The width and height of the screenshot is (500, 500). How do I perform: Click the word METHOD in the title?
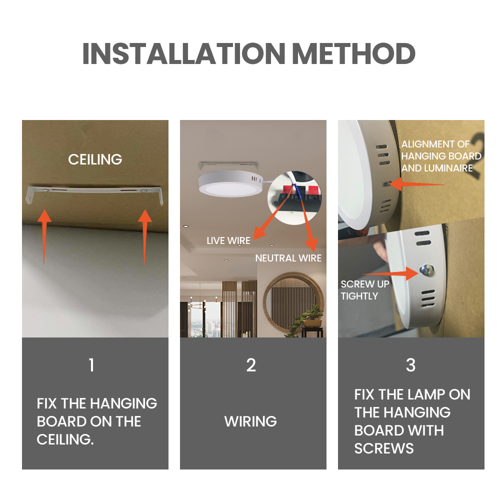pos(353,53)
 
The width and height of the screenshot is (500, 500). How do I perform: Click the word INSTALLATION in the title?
pos(183,53)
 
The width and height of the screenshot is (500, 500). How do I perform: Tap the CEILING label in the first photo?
pos(95,159)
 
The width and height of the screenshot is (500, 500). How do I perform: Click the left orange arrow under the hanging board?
pos(44,237)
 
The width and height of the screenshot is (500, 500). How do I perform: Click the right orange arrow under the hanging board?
pos(145,237)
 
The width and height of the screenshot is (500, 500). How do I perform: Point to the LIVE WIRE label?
pos(228,241)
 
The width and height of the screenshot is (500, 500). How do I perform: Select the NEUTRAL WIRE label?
pos(288,258)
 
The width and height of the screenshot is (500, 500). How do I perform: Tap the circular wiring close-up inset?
pos(294,197)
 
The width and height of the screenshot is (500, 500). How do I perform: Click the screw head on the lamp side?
pos(426,270)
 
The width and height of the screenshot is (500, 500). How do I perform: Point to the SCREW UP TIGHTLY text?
pos(365,290)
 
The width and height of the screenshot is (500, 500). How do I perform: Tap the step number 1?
pos(92,365)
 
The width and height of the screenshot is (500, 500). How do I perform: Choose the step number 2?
pos(251,365)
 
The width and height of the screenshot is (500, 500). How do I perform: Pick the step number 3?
pos(410,365)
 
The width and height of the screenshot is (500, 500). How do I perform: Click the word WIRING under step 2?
pos(250,421)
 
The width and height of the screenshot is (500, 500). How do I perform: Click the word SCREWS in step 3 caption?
pos(384,448)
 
